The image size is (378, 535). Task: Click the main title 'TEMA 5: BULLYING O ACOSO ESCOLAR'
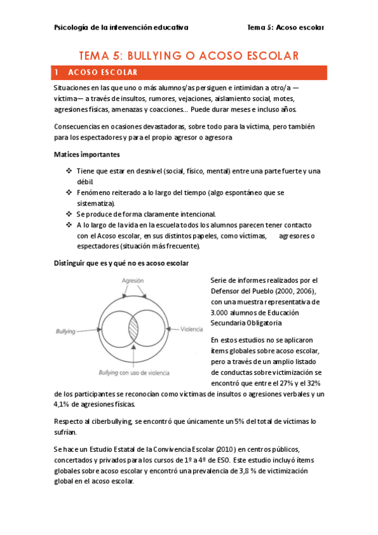[x=189, y=56]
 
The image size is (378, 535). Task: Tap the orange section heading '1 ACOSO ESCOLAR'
[x=101, y=72]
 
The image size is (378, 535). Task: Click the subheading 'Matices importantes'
[x=86, y=155]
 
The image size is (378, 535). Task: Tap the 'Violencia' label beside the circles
[x=191, y=329]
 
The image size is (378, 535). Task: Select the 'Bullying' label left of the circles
[x=66, y=331]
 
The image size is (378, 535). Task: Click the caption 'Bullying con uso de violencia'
[x=134, y=372]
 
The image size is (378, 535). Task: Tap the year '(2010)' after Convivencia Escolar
[x=226, y=449]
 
